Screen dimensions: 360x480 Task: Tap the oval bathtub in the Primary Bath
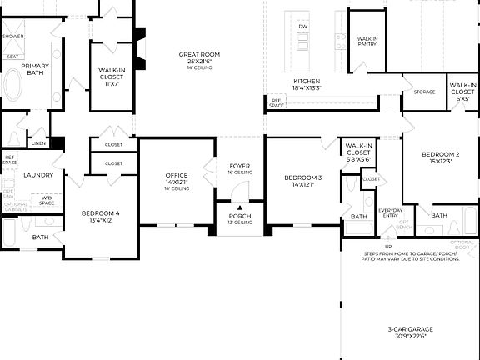point(14,85)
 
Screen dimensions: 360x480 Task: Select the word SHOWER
point(12,37)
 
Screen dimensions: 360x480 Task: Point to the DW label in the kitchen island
point(302,26)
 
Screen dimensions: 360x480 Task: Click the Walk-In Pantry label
point(368,42)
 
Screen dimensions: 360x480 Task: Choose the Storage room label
point(424,92)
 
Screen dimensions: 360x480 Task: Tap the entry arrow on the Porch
point(240,208)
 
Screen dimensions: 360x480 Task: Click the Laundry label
point(38,175)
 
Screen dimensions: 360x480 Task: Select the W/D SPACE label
point(47,200)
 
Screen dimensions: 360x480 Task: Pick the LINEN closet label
point(38,143)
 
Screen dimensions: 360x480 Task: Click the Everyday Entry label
point(391,213)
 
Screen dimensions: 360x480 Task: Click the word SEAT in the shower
point(12,57)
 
